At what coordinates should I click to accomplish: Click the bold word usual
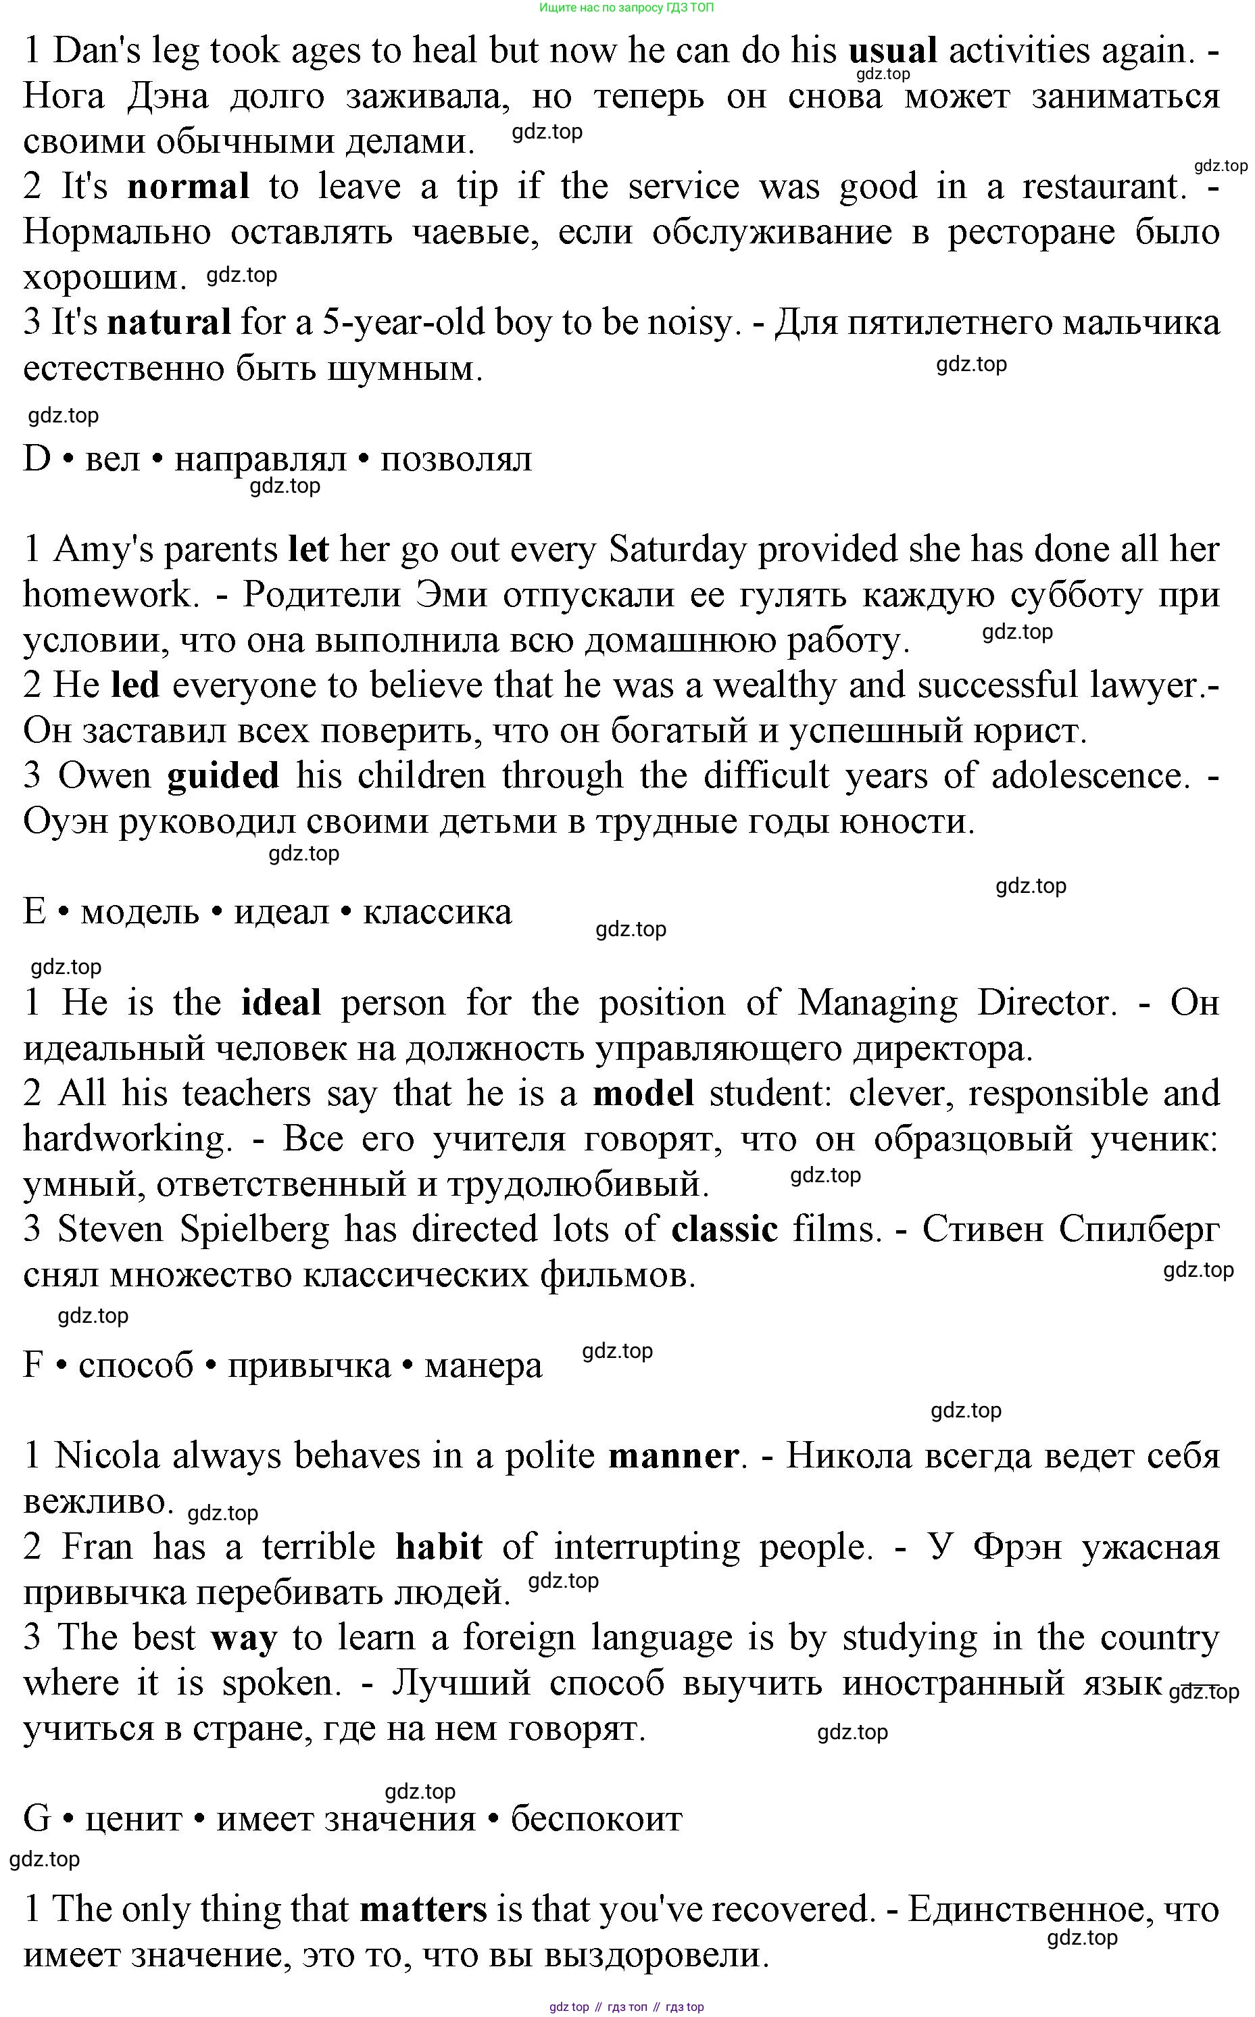pos(892,51)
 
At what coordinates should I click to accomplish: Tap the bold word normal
pos(188,187)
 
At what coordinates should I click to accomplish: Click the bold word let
pos(308,550)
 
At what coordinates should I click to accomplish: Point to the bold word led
pos(134,685)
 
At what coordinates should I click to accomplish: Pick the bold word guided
pos(222,776)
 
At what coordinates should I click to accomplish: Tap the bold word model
pos(643,1094)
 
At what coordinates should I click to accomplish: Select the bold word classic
pos(724,1230)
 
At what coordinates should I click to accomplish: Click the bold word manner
pos(673,1456)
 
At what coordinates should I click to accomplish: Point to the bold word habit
pos(438,1547)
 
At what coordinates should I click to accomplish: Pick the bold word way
pos(243,1638)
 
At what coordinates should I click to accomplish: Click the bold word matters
pos(422,1909)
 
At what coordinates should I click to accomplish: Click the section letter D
pos(37,459)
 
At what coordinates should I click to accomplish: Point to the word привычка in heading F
pos(309,1365)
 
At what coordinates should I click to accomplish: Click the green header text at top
pos(626,7)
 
